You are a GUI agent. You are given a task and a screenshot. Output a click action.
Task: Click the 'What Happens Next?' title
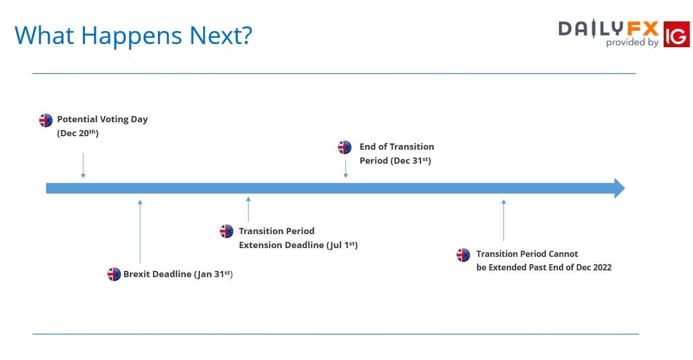click(133, 36)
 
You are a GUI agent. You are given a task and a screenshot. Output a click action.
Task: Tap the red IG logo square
click(676, 34)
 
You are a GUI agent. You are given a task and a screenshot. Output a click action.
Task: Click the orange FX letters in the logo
click(643, 29)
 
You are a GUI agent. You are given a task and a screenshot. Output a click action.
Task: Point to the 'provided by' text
click(632, 42)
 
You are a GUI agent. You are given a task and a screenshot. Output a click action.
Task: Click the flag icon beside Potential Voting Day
click(46, 120)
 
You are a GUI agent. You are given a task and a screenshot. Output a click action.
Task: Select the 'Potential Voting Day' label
click(103, 119)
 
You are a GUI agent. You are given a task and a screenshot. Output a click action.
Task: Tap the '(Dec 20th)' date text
click(78, 133)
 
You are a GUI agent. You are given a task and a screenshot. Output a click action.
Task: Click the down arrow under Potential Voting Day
click(83, 165)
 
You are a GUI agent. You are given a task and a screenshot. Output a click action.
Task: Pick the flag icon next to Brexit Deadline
click(114, 274)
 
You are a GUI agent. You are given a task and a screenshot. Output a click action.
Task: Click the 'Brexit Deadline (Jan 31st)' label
click(178, 274)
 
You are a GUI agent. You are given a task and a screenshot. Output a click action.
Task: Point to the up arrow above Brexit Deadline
click(140, 232)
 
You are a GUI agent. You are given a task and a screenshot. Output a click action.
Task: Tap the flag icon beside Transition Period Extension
click(226, 231)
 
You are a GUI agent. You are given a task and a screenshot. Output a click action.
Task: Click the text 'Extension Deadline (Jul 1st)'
click(298, 245)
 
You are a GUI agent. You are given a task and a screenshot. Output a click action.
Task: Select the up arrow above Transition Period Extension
click(248, 209)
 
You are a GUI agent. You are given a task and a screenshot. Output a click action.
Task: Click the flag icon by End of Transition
click(344, 147)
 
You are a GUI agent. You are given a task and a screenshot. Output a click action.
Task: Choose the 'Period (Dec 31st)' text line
click(395, 161)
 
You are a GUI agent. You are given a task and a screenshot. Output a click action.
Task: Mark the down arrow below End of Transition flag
click(345, 168)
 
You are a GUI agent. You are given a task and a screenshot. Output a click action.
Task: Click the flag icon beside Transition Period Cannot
click(463, 255)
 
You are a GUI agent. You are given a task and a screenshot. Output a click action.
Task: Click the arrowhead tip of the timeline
click(625, 189)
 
